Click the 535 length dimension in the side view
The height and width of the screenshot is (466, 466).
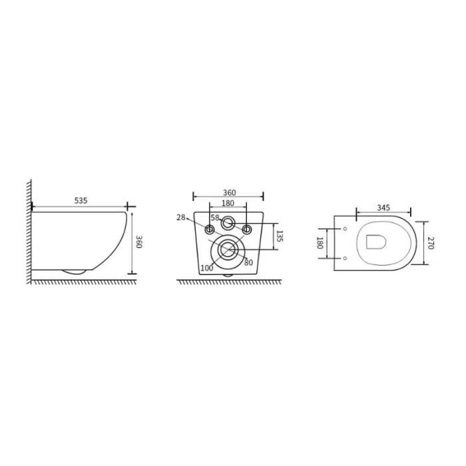81,200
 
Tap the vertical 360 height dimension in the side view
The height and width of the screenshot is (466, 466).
139,242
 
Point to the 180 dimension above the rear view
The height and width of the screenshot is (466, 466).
228,203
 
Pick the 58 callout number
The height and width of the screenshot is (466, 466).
215,218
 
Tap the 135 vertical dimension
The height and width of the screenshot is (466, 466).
280,236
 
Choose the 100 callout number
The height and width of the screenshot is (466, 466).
207,267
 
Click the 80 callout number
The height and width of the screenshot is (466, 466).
248,262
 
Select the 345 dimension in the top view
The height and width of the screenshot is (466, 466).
383,208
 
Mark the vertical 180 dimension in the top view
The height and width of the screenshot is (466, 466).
320,244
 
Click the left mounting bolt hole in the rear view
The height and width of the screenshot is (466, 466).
210,230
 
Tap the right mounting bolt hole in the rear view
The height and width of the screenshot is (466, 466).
247,230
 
